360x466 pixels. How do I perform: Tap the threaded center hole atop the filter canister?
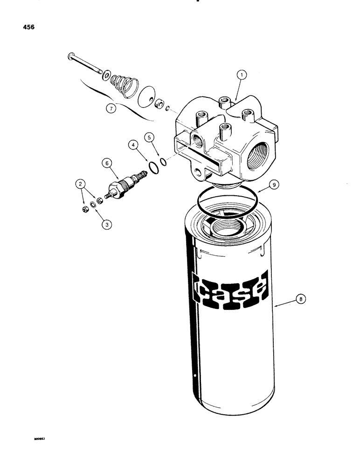tap(226, 229)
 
